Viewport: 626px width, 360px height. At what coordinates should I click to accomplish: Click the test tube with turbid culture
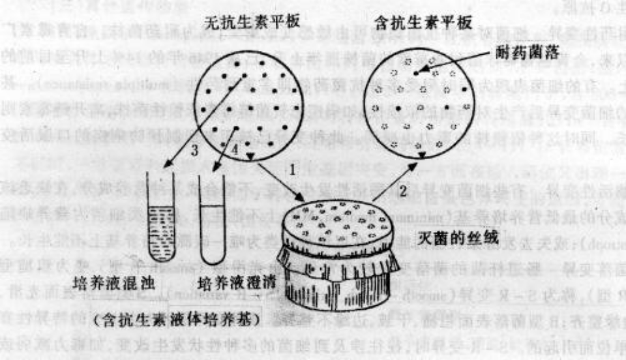[158, 216]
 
